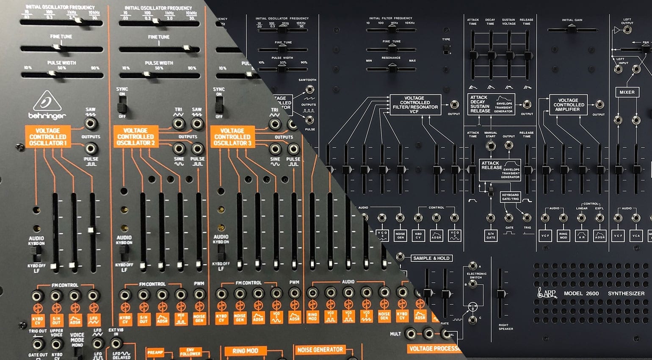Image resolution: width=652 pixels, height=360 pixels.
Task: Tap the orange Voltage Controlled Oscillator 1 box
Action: [47, 137]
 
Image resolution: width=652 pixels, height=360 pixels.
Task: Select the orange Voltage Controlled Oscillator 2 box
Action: [136, 137]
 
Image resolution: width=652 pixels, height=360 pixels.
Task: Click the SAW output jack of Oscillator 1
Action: [90, 124]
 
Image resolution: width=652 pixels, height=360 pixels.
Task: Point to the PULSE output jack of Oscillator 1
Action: [90, 148]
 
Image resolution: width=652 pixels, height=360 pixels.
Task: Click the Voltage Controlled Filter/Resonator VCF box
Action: [415, 105]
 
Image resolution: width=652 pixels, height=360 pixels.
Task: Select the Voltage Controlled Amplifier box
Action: [568, 105]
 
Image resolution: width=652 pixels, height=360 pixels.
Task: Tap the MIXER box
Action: [627, 92]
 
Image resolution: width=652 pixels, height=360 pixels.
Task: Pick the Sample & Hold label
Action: [431, 258]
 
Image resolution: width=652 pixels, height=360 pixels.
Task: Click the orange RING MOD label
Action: [245, 351]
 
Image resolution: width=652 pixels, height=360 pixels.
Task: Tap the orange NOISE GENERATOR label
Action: [320, 350]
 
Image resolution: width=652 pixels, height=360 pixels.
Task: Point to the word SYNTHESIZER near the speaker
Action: [626, 294]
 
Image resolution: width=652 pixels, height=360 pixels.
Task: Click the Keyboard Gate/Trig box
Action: [510, 197]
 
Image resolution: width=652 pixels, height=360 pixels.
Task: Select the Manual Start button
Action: [491, 146]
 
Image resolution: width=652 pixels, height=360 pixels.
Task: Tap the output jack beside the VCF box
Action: [454, 105]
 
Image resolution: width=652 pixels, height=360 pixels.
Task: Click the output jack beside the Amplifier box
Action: [600, 105]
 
